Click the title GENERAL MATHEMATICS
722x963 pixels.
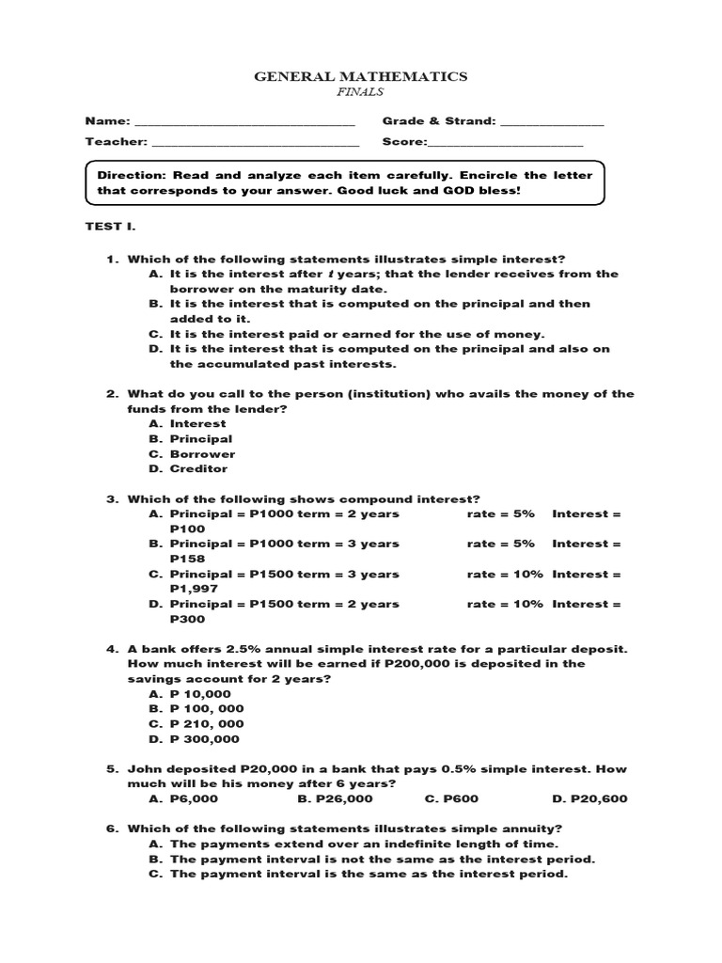point(361,77)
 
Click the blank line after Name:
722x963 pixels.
point(245,123)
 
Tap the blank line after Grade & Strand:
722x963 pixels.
point(552,123)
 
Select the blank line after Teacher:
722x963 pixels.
point(255,144)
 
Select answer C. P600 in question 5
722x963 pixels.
point(454,799)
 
